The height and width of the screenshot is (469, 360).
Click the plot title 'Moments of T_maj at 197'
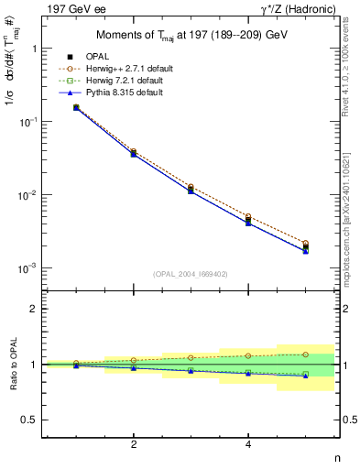coord(191,36)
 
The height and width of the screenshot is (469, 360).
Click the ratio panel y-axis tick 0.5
coord(31,420)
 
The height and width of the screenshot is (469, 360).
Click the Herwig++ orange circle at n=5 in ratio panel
coord(306,354)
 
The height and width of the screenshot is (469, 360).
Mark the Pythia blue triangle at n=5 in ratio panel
coord(306,376)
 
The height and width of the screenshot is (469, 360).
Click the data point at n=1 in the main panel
coord(76,108)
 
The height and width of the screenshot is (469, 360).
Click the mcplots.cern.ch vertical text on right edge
coord(351,220)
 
